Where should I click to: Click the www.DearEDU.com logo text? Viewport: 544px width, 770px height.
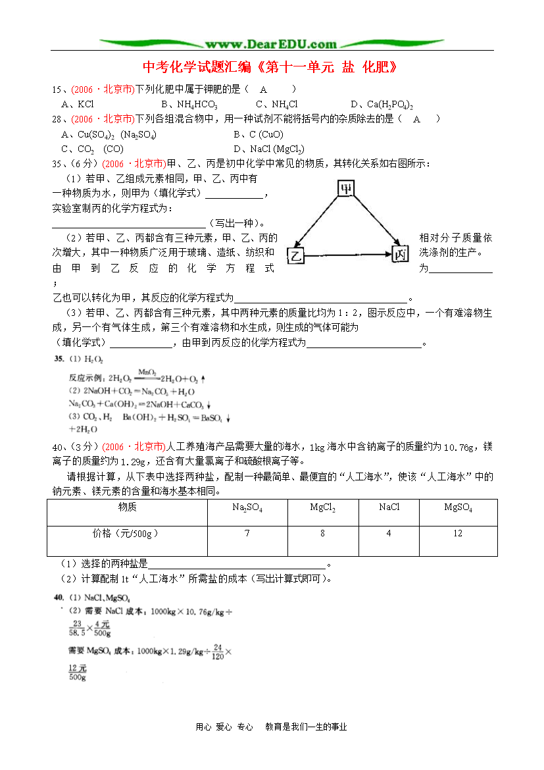(x=270, y=44)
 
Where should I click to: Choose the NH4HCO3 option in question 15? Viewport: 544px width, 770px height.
(x=189, y=104)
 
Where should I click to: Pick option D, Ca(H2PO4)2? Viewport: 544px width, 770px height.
(x=381, y=104)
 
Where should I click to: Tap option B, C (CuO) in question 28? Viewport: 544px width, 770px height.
(x=258, y=134)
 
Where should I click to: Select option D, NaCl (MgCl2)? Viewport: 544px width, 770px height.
(x=268, y=149)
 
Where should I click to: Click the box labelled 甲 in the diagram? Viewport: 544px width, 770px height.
(x=346, y=189)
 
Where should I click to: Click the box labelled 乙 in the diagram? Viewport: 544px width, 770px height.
(x=296, y=255)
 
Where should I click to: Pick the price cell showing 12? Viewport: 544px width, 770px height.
(x=458, y=533)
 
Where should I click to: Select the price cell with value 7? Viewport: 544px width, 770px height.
(x=247, y=533)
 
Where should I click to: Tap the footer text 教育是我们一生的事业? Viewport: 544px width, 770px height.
(x=306, y=727)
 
